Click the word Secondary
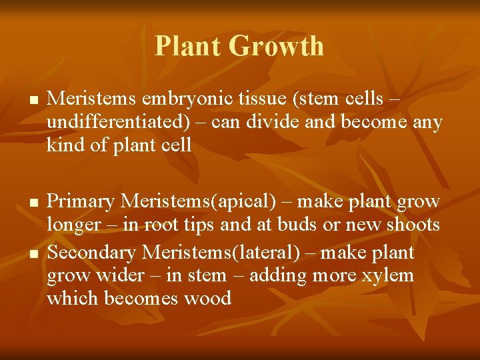coord(93,253)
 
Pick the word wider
coord(118,276)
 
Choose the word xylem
coord(388,276)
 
